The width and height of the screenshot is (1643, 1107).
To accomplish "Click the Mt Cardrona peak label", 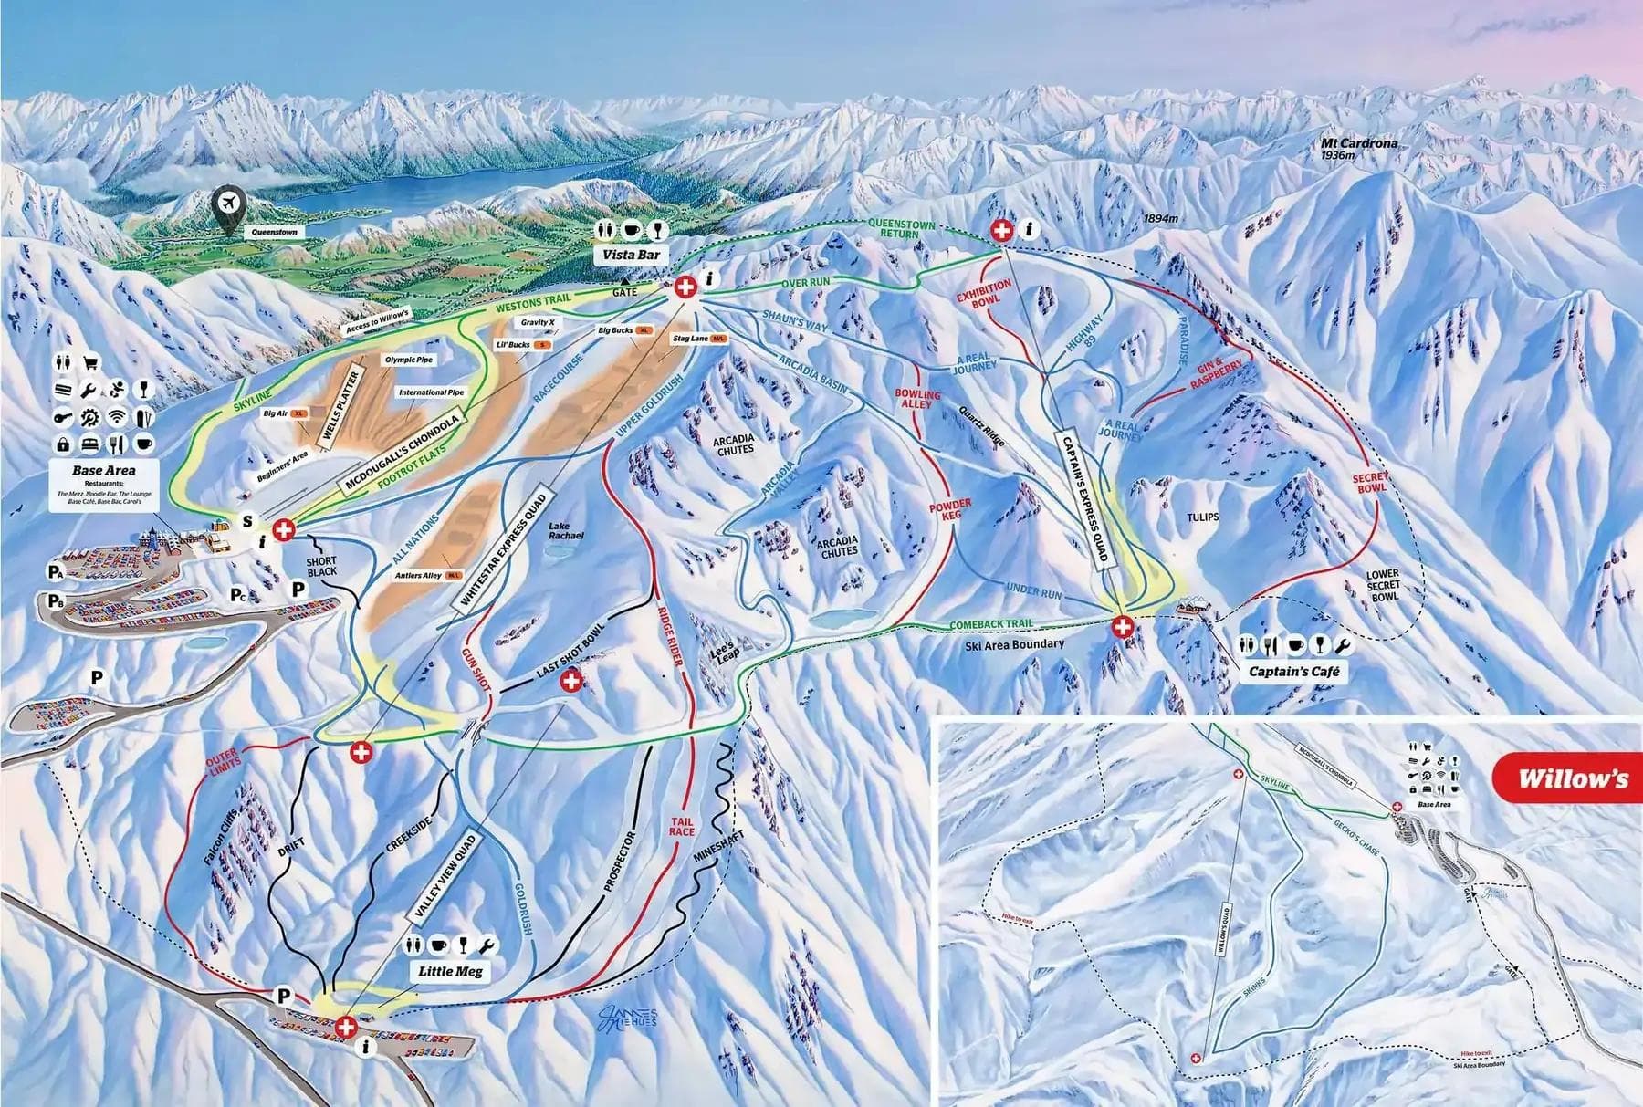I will (1359, 144).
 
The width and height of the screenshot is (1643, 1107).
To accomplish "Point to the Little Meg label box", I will (449, 971).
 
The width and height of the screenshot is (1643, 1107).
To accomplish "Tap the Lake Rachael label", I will (566, 530).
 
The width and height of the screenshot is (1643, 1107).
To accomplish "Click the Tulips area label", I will (1202, 517).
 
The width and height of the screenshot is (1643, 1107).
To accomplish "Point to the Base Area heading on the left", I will (104, 470).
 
